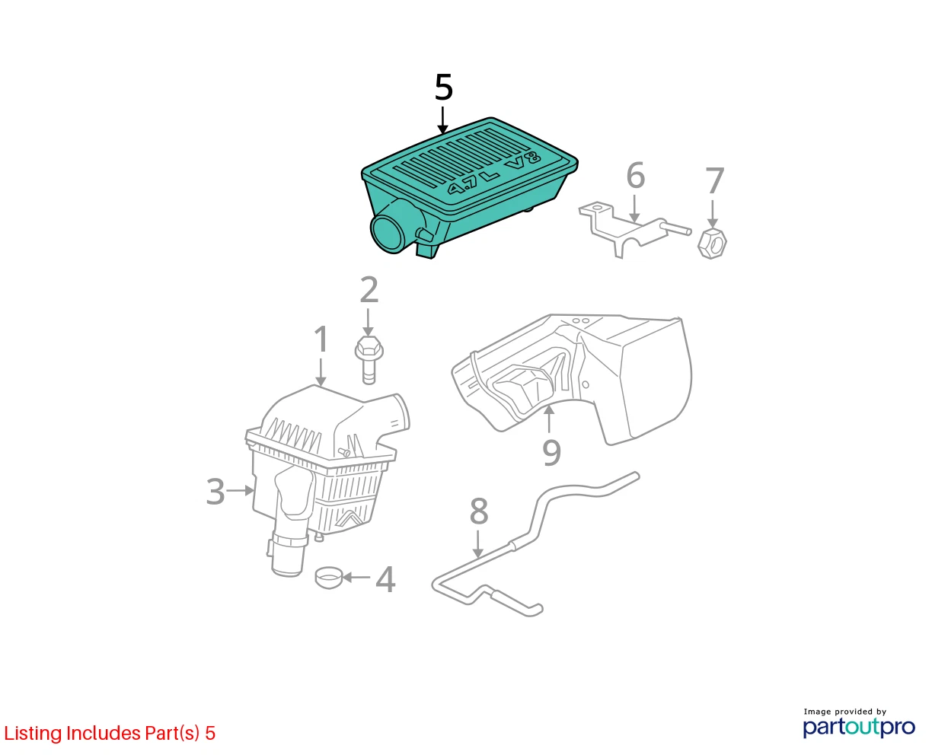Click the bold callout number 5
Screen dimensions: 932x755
click(443, 88)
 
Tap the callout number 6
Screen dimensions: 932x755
click(635, 175)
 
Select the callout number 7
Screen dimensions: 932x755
click(714, 180)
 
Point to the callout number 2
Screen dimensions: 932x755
click(369, 289)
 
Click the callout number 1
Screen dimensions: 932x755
click(321, 339)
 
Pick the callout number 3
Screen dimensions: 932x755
click(215, 492)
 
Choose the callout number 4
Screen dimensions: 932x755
click(385, 579)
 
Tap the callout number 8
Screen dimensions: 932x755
click(479, 511)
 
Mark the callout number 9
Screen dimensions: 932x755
click(551, 453)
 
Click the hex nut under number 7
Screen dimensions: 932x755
click(712, 244)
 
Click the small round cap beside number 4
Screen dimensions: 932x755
click(329, 578)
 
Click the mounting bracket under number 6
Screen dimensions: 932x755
click(634, 229)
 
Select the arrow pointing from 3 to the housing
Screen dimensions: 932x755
click(240, 491)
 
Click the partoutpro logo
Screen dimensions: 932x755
click(859, 727)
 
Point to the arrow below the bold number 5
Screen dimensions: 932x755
click(443, 120)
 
